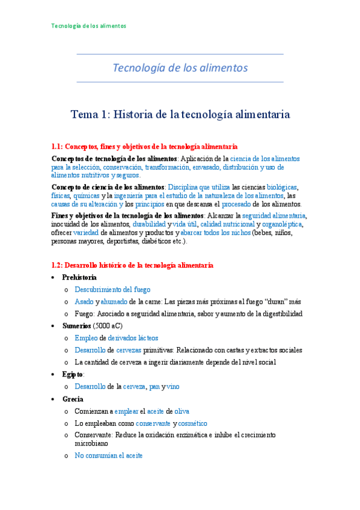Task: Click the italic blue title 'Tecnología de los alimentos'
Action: (x=180, y=67)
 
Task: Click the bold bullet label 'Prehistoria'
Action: (x=79, y=277)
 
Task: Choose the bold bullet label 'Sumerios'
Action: (x=77, y=326)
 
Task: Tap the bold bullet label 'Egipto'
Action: (x=73, y=374)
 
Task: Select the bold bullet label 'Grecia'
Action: (x=73, y=399)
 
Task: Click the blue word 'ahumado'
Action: (x=114, y=301)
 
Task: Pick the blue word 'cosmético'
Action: (x=190, y=423)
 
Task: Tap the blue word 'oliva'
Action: (x=182, y=411)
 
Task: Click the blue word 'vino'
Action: (x=172, y=386)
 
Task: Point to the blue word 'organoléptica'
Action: (x=282, y=224)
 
